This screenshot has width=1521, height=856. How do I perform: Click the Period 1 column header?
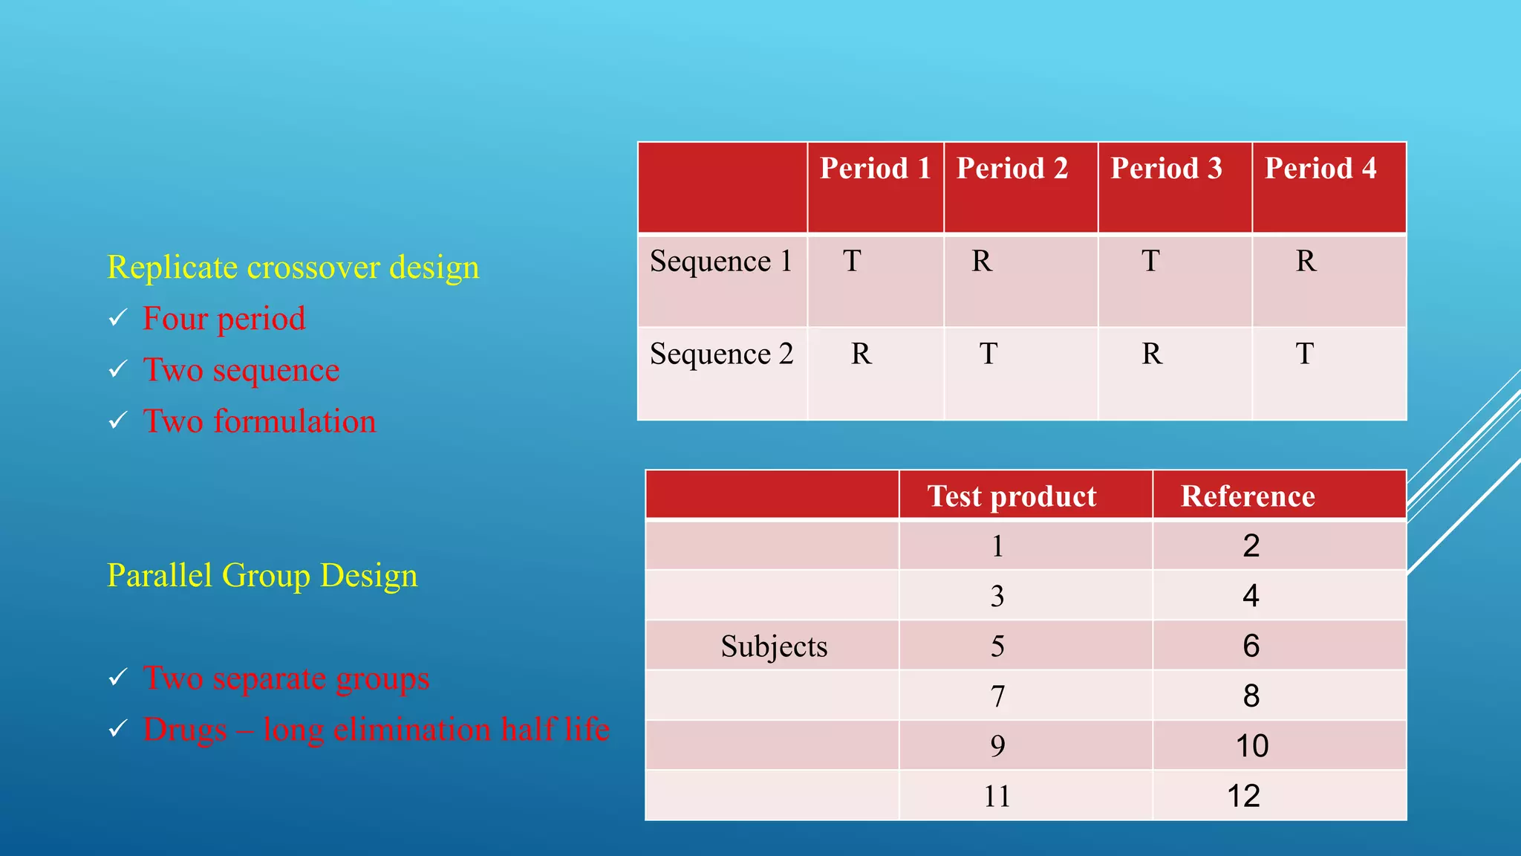pyautogui.click(x=875, y=169)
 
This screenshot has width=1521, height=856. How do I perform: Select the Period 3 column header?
pyautogui.click(x=1166, y=169)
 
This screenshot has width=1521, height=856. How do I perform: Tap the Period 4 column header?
pyautogui.click(x=1320, y=169)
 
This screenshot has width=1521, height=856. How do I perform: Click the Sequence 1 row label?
pyautogui.click(x=721, y=262)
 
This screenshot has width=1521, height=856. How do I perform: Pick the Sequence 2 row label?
pyautogui.click(x=721, y=354)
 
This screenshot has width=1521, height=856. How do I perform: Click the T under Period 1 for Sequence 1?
pyautogui.click(x=852, y=262)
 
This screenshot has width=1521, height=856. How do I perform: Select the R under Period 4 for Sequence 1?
pyautogui.click(x=1306, y=262)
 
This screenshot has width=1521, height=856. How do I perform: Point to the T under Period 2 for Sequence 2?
pyautogui.click(x=988, y=354)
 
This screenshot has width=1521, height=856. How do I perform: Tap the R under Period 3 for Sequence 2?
pyautogui.click(x=1151, y=354)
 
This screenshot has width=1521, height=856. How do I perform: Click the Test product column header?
pyautogui.click(x=1012, y=496)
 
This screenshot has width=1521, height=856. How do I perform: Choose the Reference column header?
pyautogui.click(x=1248, y=496)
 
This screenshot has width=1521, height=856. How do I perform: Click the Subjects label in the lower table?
pyautogui.click(x=774, y=646)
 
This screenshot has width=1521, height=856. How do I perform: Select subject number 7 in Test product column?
pyautogui.click(x=997, y=696)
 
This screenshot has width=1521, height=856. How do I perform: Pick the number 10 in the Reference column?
pyautogui.click(x=1251, y=746)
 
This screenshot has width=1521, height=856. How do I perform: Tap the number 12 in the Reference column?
pyautogui.click(x=1243, y=797)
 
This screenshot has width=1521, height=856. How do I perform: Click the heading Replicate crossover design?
pyautogui.click(x=293, y=267)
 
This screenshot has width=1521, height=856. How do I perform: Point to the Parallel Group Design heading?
pyautogui.click(x=262, y=576)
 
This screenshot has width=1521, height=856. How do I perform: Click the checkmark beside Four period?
pyautogui.click(x=117, y=319)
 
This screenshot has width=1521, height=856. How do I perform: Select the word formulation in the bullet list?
pyautogui.click(x=295, y=421)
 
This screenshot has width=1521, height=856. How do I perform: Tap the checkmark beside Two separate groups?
pyautogui.click(x=117, y=678)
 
